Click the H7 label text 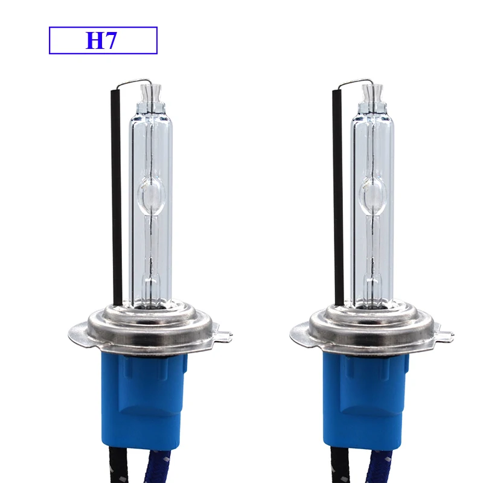click(103, 40)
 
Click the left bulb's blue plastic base click(147, 398)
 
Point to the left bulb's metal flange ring click(148, 329)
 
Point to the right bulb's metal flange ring click(369, 329)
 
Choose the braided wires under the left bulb click(145, 471)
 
